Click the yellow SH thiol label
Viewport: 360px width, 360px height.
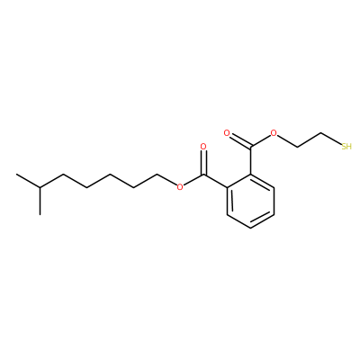click(x=346, y=147)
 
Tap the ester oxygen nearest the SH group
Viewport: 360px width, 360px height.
click(x=274, y=133)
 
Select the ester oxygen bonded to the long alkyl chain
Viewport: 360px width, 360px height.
click(x=180, y=187)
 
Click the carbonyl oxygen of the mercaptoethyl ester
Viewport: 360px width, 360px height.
click(x=227, y=133)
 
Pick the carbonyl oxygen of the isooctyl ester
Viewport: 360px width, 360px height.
click(x=203, y=147)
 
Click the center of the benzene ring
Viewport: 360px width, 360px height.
click(x=250, y=201)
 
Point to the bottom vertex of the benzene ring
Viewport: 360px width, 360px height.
click(x=250, y=228)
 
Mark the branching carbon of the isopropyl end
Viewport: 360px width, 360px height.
click(x=40, y=187)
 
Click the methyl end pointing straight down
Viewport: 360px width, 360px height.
click(x=40, y=214)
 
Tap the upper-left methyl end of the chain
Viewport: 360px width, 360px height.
click(x=16, y=174)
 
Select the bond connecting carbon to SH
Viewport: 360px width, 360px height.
click(x=331, y=139)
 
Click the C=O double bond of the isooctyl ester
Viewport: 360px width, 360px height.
click(x=203, y=162)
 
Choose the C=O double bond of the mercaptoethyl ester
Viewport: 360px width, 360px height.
click(x=240, y=140)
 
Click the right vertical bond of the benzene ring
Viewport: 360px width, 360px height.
click(x=274, y=201)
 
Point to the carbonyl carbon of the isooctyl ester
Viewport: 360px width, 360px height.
click(x=203, y=174)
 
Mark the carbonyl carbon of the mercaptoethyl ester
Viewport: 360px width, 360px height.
click(x=250, y=147)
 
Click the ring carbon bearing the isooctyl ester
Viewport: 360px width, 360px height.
click(x=227, y=187)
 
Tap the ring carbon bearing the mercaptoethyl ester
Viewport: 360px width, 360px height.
click(x=250, y=174)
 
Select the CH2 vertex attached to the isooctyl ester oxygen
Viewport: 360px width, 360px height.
click(x=157, y=174)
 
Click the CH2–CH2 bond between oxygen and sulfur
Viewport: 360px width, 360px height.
click(x=309, y=139)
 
